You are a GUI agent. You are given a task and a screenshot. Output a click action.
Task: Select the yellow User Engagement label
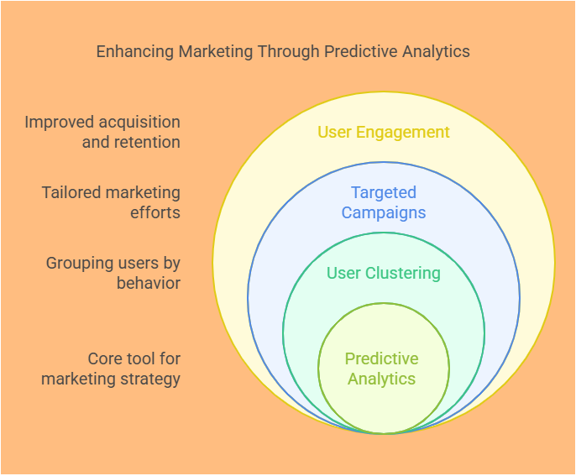pos(383,132)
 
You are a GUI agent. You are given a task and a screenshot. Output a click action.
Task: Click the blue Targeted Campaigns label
pos(383,202)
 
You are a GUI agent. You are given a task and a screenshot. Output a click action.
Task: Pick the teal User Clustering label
pos(383,273)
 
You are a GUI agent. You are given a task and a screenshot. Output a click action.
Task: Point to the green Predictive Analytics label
pos(382,369)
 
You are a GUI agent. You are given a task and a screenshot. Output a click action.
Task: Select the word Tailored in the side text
pos(70,192)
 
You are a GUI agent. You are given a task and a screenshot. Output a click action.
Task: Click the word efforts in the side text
pos(155,212)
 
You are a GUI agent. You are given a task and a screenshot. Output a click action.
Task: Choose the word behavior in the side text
pos(149,283)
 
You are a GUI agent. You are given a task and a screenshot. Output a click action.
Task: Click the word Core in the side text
pos(105,358)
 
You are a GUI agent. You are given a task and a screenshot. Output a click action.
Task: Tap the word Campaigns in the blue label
pos(383,212)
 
